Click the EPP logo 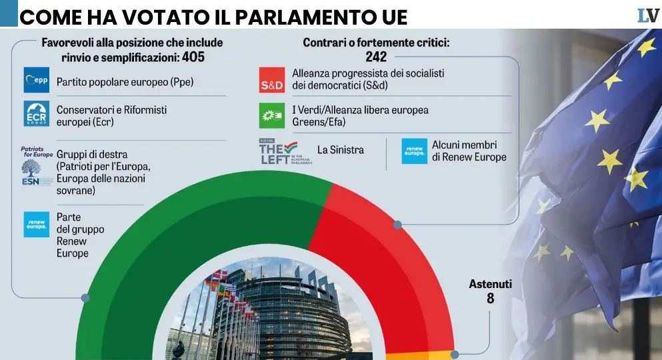coord(37,80)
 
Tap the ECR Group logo coord(37,113)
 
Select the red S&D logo coord(272,80)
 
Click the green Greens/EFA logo coord(272,115)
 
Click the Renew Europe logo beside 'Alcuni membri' coord(414,151)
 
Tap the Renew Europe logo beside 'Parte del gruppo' coord(37,224)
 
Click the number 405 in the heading coord(193,57)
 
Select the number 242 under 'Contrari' coord(376,57)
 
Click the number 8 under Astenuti coord(491,299)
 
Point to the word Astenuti coord(491,284)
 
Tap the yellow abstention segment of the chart coord(420,356)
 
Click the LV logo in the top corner coord(647,15)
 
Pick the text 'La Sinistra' coord(341,150)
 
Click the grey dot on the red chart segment coord(397,225)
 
